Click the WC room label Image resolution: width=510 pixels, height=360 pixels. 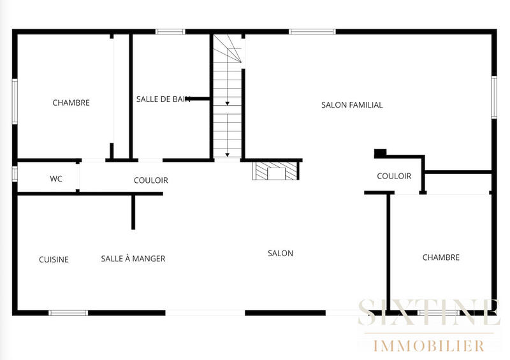[56, 179]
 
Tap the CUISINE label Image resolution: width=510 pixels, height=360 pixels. [54, 259]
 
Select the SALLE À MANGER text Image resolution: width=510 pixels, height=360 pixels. [133, 259]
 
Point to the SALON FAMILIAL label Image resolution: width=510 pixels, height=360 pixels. [352, 105]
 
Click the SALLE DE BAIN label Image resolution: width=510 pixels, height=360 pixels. [163, 99]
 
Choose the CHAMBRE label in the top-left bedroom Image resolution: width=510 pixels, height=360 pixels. [71, 103]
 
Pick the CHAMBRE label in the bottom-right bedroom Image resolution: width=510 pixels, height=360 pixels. [441, 257]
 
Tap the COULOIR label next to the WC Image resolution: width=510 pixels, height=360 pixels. [151, 180]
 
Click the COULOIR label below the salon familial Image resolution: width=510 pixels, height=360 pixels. [394, 176]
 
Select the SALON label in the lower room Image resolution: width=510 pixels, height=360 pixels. [280, 254]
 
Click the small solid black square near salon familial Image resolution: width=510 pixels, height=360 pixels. [381, 153]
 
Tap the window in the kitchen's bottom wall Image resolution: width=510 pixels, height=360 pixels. [68, 313]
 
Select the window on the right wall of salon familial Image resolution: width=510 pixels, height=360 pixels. [493, 97]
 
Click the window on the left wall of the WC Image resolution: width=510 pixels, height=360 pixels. [15, 173]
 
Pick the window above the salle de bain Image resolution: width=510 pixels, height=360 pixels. [170, 31]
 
